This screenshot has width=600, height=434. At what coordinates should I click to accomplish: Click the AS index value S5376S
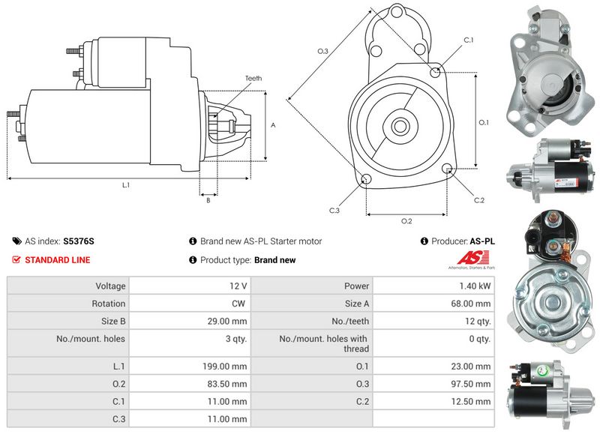[79, 241]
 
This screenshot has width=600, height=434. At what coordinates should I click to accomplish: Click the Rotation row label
[108, 304]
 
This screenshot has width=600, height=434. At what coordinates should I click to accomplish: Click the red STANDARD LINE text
[58, 260]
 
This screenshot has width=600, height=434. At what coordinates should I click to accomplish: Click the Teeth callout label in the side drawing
[253, 79]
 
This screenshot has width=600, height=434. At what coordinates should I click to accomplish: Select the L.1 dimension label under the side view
[126, 185]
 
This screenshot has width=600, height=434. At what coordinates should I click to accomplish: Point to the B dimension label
[208, 200]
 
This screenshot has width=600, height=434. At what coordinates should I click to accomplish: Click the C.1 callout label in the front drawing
[469, 40]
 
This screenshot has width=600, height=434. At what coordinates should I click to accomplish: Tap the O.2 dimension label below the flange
[406, 221]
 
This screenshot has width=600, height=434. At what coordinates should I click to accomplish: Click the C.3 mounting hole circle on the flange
[366, 179]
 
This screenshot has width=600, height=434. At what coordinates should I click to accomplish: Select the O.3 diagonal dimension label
[322, 51]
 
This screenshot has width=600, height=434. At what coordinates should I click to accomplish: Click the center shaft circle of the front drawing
[400, 126]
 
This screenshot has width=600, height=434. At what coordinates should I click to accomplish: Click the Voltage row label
[110, 286]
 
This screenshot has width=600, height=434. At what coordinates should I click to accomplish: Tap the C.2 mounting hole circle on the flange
[447, 168]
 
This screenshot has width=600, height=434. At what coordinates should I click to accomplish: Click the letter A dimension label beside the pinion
[273, 125]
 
